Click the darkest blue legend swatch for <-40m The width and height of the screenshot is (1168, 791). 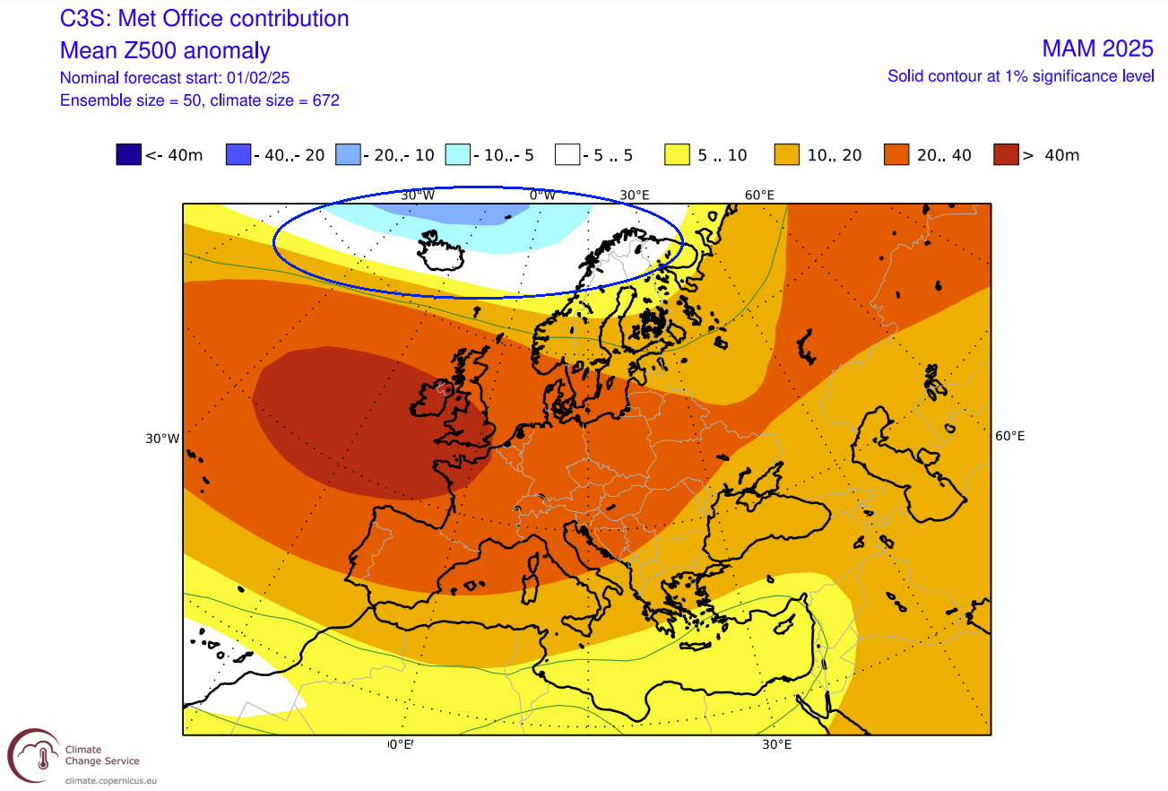tap(129, 155)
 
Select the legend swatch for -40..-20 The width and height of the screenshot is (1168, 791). tap(239, 155)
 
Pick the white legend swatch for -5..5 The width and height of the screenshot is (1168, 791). tap(568, 155)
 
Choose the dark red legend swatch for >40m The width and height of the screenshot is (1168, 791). tap(1007, 155)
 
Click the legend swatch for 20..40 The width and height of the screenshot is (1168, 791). tap(897, 155)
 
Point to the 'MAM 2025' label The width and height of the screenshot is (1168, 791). tap(1097, 48)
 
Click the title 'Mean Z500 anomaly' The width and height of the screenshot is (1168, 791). tap(165, 50)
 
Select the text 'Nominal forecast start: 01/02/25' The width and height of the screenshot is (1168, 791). tap(175, 77)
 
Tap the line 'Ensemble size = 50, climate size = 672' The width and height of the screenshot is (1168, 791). tap(199, 100)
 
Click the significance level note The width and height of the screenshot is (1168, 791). tap(1020, 76)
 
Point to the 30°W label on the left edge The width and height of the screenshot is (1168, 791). tap(162, 439)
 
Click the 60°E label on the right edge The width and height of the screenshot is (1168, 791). tap(1009, 436)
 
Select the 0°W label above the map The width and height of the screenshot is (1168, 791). tap(542, 195)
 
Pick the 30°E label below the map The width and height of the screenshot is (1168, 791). tap(776, 744)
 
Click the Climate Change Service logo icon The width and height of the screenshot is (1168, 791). tap(34, 754)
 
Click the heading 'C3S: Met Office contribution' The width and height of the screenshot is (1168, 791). tap(204, 19)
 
